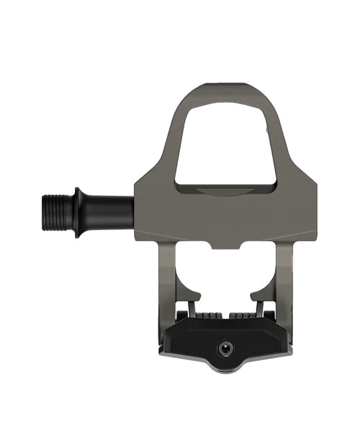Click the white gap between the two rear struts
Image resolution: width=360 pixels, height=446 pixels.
(225, 277)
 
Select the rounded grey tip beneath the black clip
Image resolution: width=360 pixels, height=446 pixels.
(226, 368)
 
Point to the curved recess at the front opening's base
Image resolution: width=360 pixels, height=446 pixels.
(225, 189)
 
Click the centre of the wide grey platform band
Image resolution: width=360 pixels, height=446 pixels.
(225, 216)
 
